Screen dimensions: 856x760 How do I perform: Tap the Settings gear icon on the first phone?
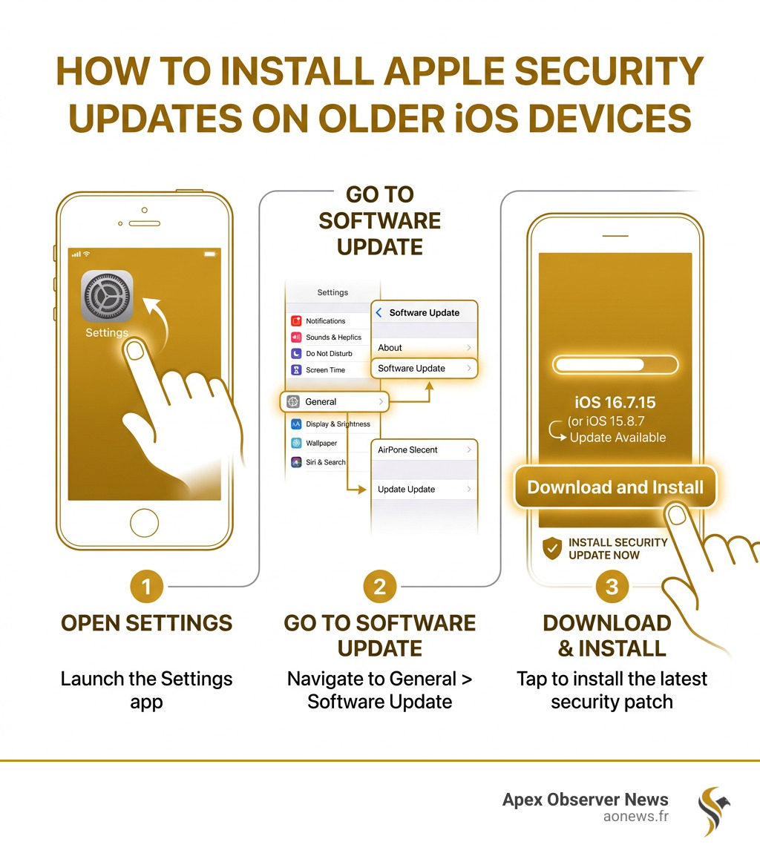tap(107, 296)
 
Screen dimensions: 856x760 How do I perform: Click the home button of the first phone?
tap(144, 522)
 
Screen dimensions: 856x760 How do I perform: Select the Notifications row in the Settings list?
tap(327, 321)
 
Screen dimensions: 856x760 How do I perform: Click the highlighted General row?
tap(335, 401)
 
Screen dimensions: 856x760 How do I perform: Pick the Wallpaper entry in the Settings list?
tap(322, 443)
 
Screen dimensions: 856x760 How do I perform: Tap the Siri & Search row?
tap(327, 462)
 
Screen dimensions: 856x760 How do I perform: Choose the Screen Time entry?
tap(327, 369)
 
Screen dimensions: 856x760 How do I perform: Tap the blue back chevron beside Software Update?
tap(379, 313)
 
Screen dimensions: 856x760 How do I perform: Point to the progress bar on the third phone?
tap(615, 364)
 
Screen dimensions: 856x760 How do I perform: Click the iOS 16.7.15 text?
tap(615, 403)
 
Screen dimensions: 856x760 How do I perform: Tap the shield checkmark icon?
tap(552, 548)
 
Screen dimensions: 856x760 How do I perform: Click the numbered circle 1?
tap(146, 587)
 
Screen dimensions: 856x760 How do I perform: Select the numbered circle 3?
tap(612, 587)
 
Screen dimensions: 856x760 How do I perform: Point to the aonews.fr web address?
tap(636, 817)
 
